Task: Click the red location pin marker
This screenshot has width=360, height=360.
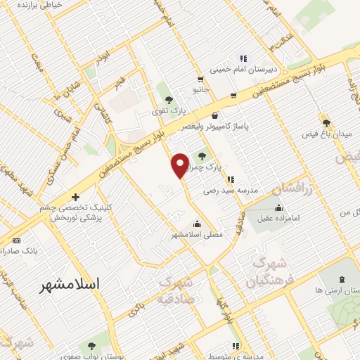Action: (180, 165)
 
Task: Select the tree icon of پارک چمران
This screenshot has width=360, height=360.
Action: (203, 156)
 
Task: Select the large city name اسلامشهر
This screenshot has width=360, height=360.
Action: (70, 285)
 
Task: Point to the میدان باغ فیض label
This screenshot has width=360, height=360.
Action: (326, 133)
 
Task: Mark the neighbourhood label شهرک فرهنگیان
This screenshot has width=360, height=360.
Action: (267, 272)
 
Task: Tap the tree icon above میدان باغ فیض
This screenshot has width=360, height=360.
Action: (326, 121)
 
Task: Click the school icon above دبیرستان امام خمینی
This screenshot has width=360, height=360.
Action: (243, 58)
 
